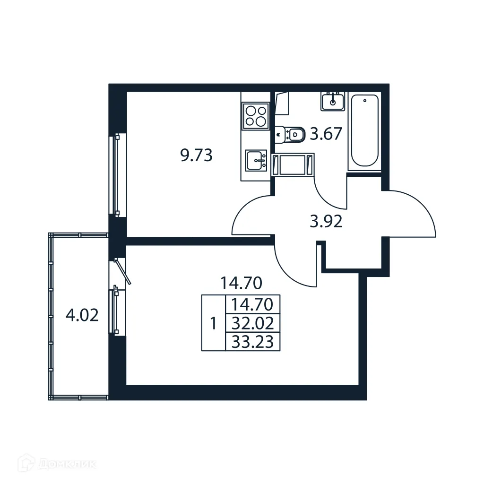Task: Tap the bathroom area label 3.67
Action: [x=325, y=135]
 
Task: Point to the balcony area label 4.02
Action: [x=82, y=315]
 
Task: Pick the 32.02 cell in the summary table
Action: [x=253, y=324]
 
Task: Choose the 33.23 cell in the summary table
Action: [x=253, y=341]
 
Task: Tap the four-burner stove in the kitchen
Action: [x=255, y=115]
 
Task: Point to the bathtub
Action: [x=365, y=130]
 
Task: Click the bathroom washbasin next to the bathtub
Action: [x=333, y=101]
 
